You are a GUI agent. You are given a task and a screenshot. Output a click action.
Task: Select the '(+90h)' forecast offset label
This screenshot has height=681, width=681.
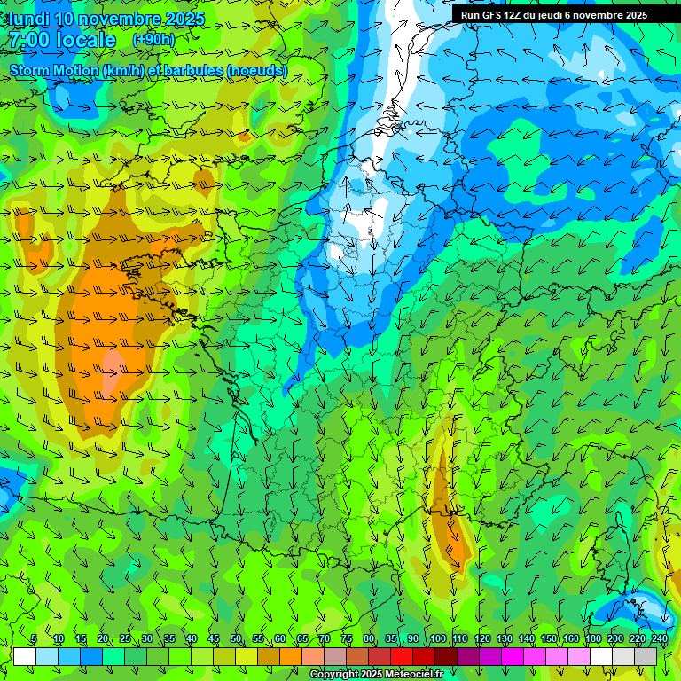coord(153,40)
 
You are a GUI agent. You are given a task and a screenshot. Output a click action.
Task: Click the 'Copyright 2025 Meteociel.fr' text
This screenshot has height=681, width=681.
coord(376,675)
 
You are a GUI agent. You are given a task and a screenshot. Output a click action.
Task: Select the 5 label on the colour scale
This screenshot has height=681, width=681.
coord(34,639)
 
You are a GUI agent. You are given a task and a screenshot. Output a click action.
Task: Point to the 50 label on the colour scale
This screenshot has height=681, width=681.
coord(236,639)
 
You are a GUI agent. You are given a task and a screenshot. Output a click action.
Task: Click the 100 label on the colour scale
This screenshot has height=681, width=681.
coord(438,639)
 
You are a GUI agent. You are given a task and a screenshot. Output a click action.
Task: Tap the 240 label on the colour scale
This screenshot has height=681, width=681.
coord(659,639)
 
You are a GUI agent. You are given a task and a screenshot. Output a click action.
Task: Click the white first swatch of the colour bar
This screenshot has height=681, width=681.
coord(25,656)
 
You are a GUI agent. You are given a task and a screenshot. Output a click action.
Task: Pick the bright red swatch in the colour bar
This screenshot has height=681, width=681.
coord(402,656)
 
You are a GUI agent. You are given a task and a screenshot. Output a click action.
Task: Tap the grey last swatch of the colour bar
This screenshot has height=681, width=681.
coord(646,656)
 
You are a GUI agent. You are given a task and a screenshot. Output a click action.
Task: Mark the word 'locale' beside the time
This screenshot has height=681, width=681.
coord(86,41)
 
